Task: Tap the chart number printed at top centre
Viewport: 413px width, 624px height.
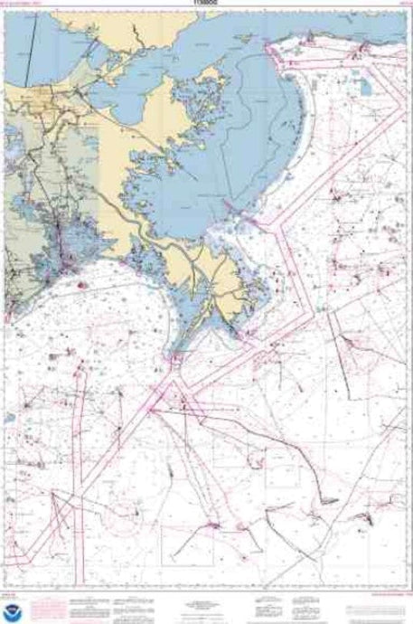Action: (x=205, y=5)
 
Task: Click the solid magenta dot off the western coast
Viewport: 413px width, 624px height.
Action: (x=80, y=285)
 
